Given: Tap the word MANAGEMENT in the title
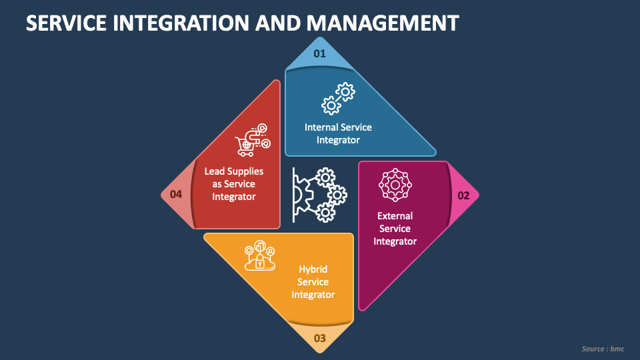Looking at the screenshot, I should [383, 23].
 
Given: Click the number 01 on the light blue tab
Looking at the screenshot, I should [320, 53].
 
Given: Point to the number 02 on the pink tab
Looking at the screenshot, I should [463, 195].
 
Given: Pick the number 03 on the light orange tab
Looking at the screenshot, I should [320, 339].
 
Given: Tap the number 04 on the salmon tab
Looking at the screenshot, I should [176, 195].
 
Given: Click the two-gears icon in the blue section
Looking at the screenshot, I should [338, 98].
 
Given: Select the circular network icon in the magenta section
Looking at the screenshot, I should [395, 185].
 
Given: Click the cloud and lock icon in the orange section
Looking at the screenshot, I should [260, 255].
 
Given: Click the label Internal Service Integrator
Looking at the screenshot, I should [338, 133].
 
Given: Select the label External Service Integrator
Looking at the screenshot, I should [395, 229].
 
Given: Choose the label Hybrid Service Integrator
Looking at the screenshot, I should [313, 282].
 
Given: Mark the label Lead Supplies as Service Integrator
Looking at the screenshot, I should [233, 184].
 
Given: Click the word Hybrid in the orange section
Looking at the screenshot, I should [313, 269].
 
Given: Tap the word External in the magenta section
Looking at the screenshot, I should [395, 216].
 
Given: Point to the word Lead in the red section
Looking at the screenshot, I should [215, 171].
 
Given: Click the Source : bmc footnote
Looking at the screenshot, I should [603, 349].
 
